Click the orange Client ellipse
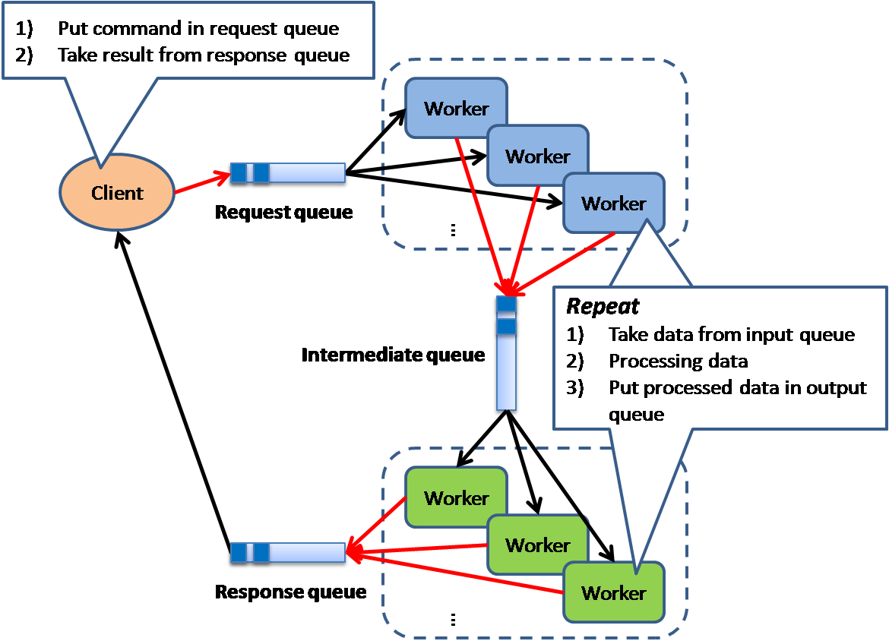click(116, 193)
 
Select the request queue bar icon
click(288, 173)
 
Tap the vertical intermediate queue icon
click(506, 354)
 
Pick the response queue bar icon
click(288, 554)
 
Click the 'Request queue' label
click(283, 212)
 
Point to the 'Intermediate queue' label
click(393, 355)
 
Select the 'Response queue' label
click(290, 592)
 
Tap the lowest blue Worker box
click(613, 203)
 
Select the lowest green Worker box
click(613, 592)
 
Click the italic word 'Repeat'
click(603, 306)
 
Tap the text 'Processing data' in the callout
click(678, 361)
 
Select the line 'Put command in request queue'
click(198, 29)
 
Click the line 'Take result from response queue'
click(203, 55)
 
